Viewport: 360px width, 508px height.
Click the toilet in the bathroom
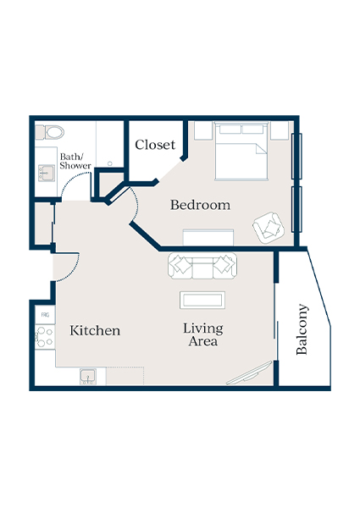(53, 131)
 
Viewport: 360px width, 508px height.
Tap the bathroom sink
(46, 173)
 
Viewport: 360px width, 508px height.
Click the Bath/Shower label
(75, 161)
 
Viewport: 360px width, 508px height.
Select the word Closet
(155, 145)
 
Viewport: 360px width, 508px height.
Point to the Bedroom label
(200, 205)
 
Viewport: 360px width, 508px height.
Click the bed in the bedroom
(242, 152)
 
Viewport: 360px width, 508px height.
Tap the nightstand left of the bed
(202, 130)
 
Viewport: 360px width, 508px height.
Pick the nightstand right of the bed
(281, 130)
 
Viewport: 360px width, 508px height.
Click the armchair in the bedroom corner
(269, 224)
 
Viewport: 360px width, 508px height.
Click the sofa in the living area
(202, 266)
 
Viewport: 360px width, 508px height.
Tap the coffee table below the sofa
(202, 301)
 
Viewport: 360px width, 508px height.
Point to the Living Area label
(202, 334)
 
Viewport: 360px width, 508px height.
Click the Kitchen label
(95, 330)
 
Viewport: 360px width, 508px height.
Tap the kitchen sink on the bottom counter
(88, 376)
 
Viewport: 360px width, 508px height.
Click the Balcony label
(303, 329)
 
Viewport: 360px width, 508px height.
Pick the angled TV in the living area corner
(250, 373)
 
